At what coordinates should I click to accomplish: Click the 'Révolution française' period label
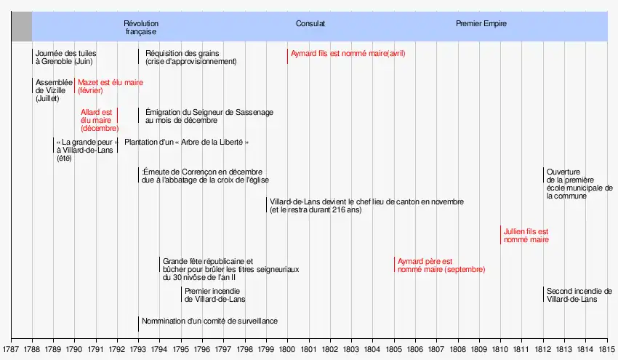pyautogui.click(x=141, y=28)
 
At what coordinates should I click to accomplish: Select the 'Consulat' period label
pyautogui.click(x=310, y=24)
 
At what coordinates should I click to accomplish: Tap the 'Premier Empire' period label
pyautogui.click(x=481, y=24)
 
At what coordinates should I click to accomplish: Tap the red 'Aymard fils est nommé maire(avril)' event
pyautogui.click(x=348, y=54)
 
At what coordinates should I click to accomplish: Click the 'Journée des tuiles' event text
pyautogui.click(x=66, y=57)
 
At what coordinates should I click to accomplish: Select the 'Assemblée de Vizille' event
pyautogui.click(x=53, y=90)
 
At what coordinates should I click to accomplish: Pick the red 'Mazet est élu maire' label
pyautogui.click(x=110, y=87)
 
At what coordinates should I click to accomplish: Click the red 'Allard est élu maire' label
pyautogui.click(x=99, y=120)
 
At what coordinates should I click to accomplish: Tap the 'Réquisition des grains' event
pyautogui.click(x=190, y=57)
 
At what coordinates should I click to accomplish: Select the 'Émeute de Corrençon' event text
pyautogui.click(x=206, y=175)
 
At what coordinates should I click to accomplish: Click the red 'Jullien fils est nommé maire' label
pyautogui.click(x=526, y=235)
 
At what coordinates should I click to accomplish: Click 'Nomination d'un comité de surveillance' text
pyautogui.click(x=209, y=321)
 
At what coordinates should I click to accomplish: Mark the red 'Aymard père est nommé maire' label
pyautogui.click(x=440, y=265)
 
